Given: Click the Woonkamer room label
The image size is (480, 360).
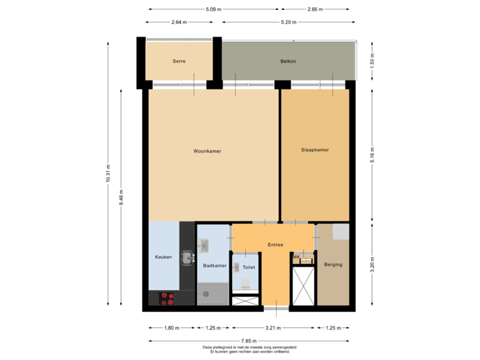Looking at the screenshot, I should [x=207, y=151].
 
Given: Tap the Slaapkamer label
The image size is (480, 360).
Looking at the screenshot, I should [x=315, y=150].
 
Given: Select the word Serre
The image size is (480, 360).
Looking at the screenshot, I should [x=179, y=61].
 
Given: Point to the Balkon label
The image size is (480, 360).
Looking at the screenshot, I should [x=288, y=61].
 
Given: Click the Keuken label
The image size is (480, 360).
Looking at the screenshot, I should [x=163, y=257].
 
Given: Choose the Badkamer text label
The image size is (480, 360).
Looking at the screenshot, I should [x=215, y=265].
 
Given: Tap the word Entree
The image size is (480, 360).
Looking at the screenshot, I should [x=275, y=245].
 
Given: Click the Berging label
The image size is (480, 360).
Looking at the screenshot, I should [x=333, y=265].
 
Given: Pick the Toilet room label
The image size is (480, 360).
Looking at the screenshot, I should [x=249, y=267].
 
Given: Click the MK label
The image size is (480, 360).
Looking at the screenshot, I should [x=296, y=256].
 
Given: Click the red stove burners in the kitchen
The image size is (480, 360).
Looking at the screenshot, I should [x=167, y=299].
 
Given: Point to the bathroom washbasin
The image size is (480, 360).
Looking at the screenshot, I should [x=205, y=245].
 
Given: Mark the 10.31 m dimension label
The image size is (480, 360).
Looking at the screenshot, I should [x=109, y=175].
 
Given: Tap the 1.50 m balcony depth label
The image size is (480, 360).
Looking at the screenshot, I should [x=371, y=61].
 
